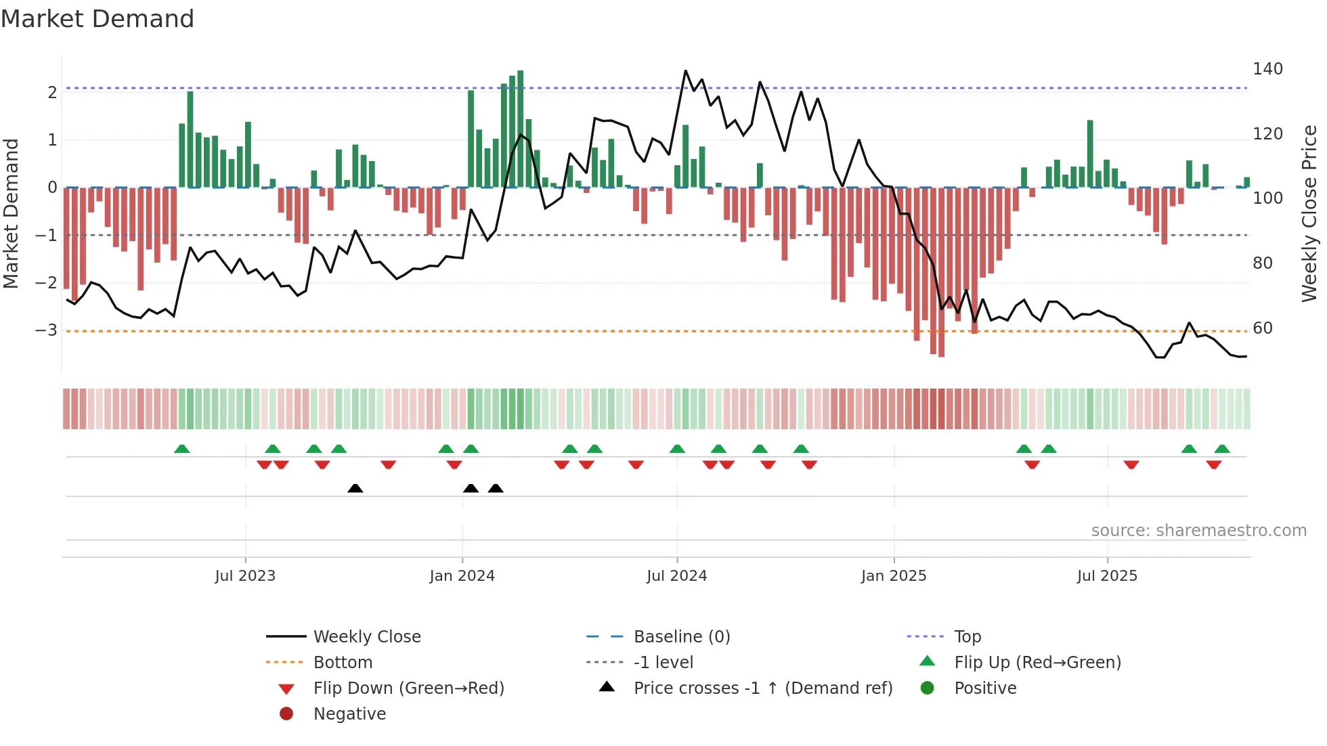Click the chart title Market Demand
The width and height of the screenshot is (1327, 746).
[x=97, y=19]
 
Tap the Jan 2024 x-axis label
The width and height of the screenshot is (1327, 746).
[x=462, y=576]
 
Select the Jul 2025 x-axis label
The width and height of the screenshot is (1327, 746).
[x=1107, y=576]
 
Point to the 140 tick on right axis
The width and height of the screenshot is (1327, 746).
[x=1267, y=69]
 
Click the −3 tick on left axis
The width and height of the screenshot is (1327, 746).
[x=46, y=330]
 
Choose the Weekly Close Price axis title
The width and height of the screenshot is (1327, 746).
[x=1309, y=213]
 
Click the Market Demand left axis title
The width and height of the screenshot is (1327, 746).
[x=11, y=213]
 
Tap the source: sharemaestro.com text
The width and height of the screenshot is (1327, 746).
[x=1198, y=531]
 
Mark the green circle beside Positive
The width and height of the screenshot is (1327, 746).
[x=928, y=688]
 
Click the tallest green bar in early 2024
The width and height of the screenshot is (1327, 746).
[x=520, y=129]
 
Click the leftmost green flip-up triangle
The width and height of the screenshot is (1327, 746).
[x=181, y=449]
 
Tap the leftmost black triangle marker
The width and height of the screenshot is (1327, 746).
[x=355, y=488]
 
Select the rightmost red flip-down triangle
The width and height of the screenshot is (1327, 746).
[x=1213, y=464]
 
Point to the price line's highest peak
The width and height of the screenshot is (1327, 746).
[x=685, y=71]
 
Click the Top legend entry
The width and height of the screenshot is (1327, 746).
[x=967, y=637]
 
